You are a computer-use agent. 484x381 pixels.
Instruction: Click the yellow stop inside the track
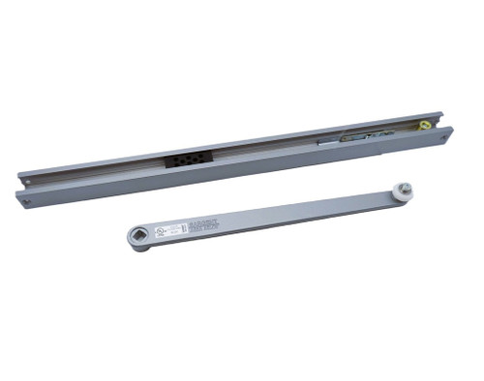[424, 125]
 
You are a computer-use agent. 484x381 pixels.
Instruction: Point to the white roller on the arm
[405, 193]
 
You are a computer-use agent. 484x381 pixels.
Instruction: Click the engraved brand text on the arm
[201, 224]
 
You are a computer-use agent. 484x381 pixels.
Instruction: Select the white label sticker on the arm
[170, 228]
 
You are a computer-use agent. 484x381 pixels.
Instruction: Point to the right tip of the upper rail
[440, 114]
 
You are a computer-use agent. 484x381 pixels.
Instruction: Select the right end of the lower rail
[449, 132]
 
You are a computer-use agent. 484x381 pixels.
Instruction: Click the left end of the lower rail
[18, 198]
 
